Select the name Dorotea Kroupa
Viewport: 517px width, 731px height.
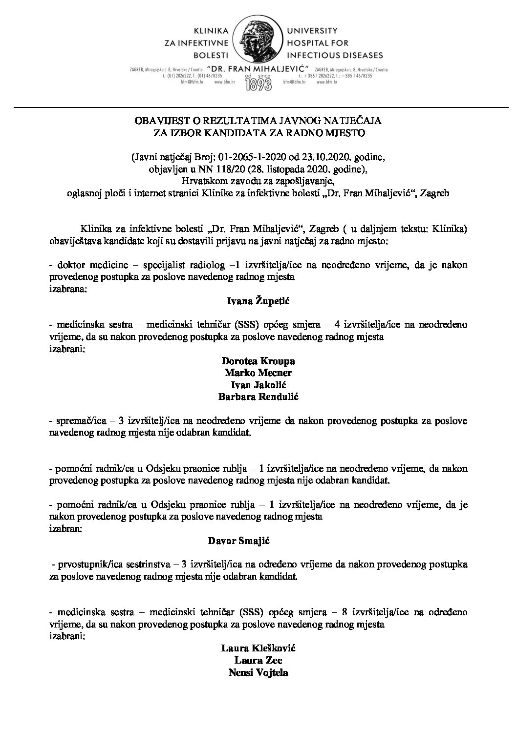tap(258, 361)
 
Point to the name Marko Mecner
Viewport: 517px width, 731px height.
tap(258, 373)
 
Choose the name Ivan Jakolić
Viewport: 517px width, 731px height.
tap(258, 385)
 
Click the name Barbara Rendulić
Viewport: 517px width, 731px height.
tap(258, 397)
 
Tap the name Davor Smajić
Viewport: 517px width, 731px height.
tap(258, 541)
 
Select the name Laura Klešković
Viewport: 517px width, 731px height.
tap(258, 648)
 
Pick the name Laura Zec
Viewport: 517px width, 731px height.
tap(258, 660)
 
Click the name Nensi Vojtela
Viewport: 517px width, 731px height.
tap(258, 672)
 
